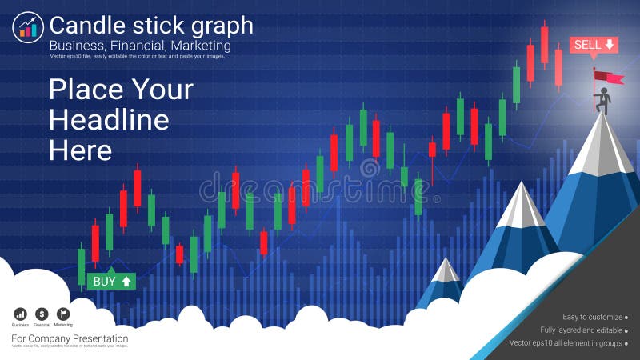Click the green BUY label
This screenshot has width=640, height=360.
pos(111,281)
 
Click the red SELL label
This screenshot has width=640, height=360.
pos(593,45)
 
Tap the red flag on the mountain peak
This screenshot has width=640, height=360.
pos(610,77)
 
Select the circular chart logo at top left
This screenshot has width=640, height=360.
pos(27,28)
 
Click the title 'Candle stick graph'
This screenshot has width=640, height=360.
pos(151,26)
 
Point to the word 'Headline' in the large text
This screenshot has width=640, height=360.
pos(109,119)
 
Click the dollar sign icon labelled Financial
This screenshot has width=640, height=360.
pos(42,314)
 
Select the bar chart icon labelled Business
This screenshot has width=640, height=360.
pos(20,314)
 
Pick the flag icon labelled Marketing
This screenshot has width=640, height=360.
pos(63,314)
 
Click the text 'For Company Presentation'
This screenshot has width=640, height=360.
pos(70,338)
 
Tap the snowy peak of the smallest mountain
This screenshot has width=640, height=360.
pos(446,269)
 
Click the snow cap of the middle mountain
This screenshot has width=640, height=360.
pos(521,205)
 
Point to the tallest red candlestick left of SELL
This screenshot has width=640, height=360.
pos(544,44)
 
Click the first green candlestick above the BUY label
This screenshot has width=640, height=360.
pos(82,266)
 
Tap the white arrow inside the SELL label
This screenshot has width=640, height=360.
pos(610,45)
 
